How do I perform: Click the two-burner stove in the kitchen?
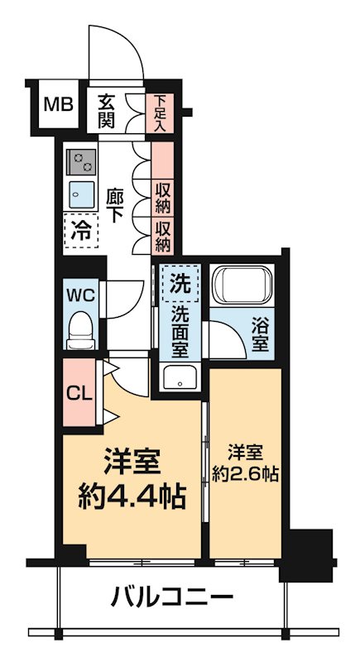point(80,157)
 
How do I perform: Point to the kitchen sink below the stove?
point(80,192)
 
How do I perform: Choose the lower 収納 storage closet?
point(163,234)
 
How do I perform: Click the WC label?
point(79,294)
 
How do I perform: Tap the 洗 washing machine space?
point(180,283)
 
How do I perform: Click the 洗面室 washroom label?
point(180,331)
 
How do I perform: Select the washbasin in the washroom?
point(179,378)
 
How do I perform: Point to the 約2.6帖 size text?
point(246,475)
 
